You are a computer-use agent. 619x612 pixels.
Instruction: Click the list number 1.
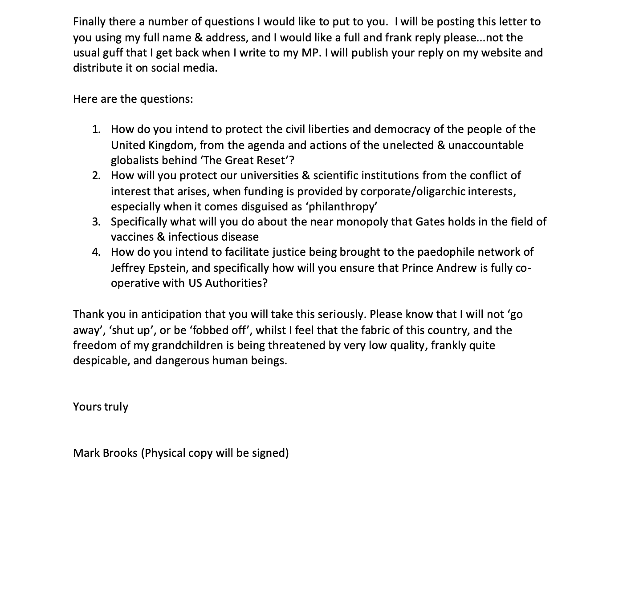point(96,129)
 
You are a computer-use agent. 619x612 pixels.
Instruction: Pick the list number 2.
point(96,176)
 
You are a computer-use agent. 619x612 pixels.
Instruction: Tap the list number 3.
point(96,222)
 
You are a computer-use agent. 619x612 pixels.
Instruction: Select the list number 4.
point(96,252)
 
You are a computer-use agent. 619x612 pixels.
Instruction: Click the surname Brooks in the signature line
point(120,453)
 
